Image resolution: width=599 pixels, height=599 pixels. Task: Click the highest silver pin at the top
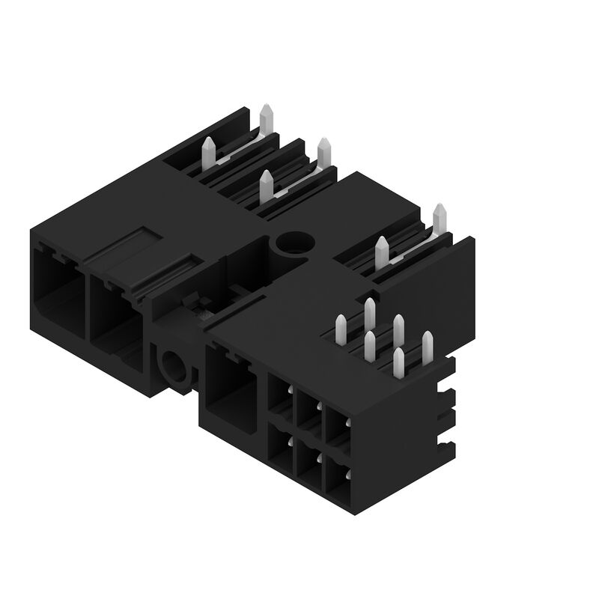265,121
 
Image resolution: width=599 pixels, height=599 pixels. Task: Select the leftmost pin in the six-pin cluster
341,329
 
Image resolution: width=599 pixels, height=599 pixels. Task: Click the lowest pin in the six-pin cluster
398,361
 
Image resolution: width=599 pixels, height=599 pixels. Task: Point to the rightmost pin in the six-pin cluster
427,345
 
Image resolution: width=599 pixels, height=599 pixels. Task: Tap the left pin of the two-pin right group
382,252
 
